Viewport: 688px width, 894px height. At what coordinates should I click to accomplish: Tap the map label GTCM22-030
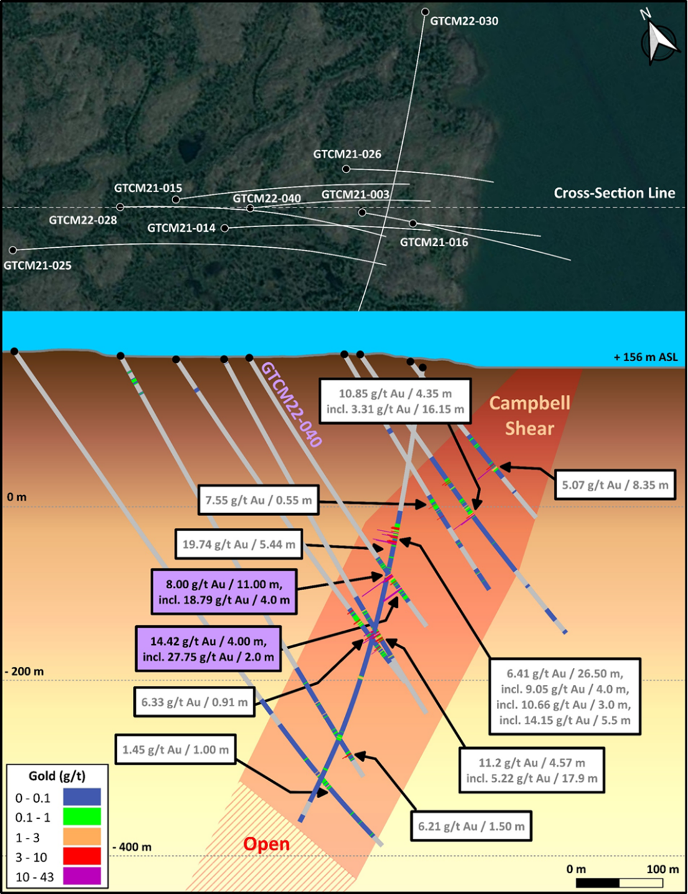pos(464,21)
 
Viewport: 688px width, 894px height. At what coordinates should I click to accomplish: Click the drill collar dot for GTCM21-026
pos(346,169)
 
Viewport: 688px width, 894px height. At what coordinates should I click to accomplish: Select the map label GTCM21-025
pos(37,265)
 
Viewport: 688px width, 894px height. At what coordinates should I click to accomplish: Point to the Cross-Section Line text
pos(615,193)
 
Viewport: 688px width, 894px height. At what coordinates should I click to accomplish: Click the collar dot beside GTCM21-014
pos(225,228)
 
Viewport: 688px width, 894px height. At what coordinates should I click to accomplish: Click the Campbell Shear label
pos(530,415)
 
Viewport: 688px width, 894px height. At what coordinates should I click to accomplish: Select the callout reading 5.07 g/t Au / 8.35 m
pos(615,484)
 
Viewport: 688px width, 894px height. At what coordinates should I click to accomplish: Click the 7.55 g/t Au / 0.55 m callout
pos(258,500)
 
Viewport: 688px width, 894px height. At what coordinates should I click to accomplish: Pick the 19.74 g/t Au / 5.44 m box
pos(238,544)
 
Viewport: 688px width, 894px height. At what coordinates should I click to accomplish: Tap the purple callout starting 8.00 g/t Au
pos(224,591)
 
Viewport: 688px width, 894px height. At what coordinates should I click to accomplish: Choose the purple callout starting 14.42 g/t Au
pos(208,649)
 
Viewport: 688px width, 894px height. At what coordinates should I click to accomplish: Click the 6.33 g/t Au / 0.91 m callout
pos(194,702)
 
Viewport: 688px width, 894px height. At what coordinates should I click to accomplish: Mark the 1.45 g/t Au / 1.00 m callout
pos(176,750)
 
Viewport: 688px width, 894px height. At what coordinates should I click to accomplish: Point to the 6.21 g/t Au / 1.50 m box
pos(471,826)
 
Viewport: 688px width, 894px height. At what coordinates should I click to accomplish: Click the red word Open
pos(266,844)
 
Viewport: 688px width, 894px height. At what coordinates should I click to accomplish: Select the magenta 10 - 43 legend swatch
pos(82,877)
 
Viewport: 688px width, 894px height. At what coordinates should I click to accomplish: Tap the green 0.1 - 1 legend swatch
pos(82,817)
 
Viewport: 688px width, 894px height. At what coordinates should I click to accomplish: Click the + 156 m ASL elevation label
pos(646,357)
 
